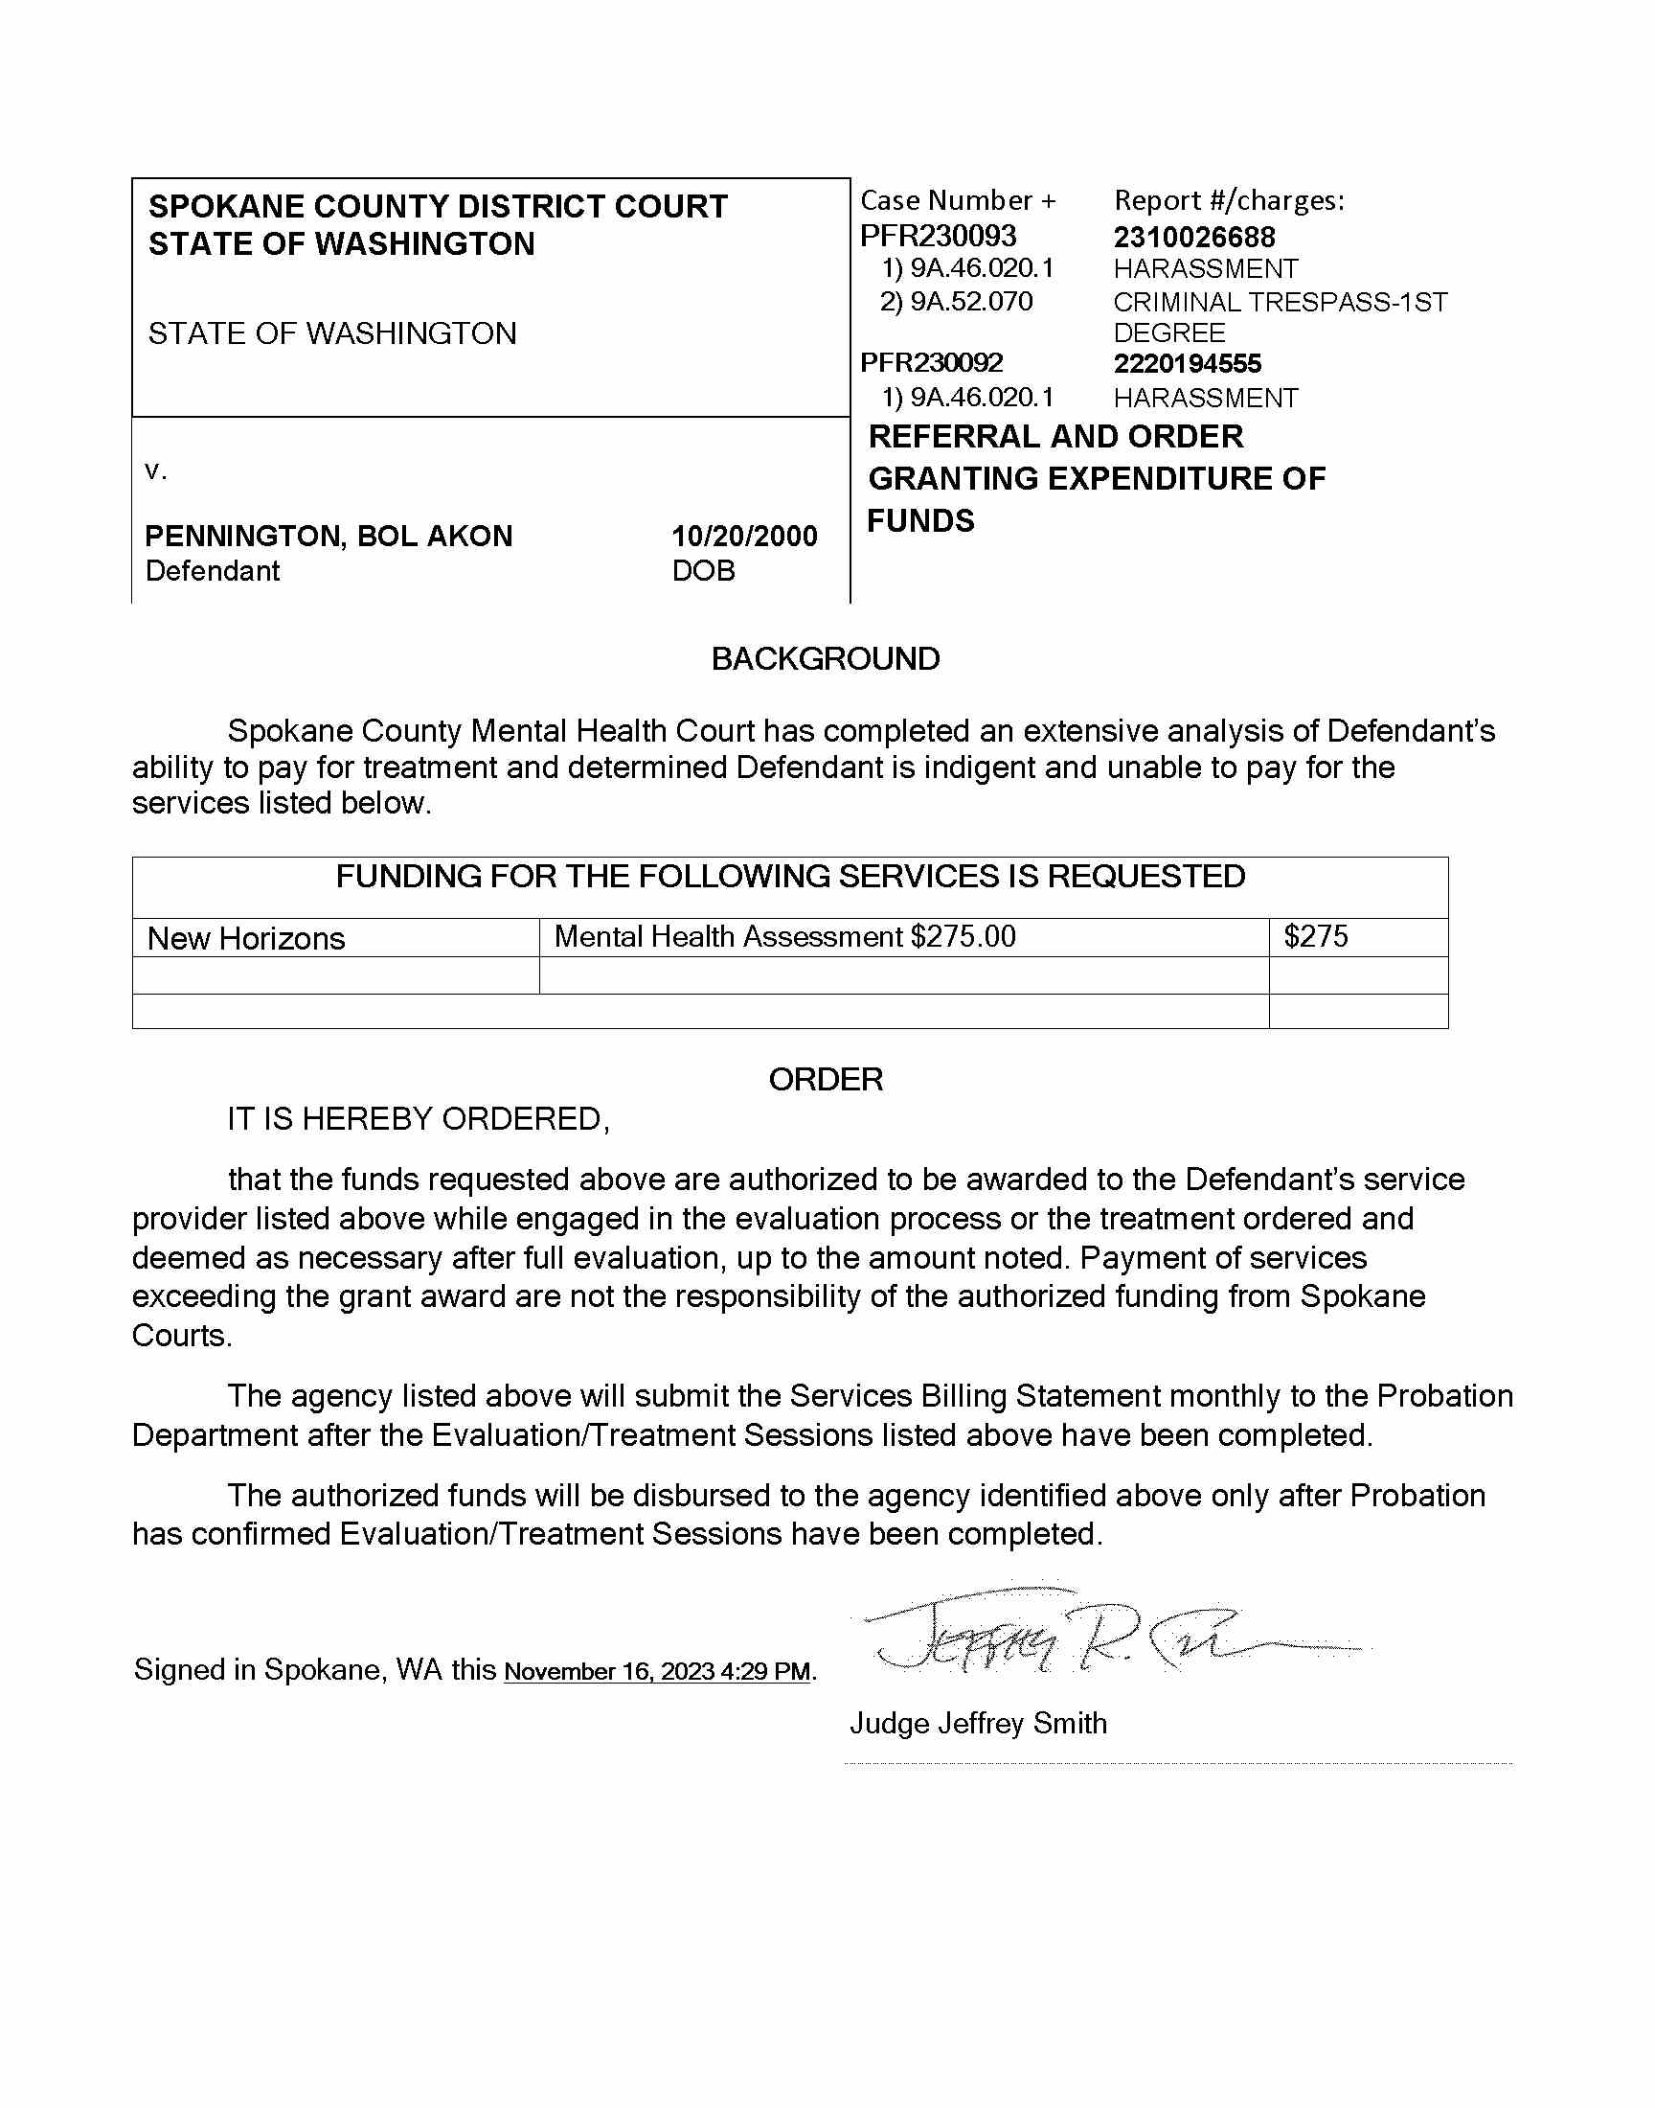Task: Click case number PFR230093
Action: (938, 236)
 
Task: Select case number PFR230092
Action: (931, 362)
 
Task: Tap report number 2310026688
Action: (1193, 237)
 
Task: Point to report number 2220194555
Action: (1187, 363)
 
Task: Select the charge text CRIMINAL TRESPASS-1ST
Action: (1280, 302)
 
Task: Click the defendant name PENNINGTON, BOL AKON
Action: (329, 536)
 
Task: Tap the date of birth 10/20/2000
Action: (744, 536)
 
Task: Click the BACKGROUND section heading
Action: (826, 659)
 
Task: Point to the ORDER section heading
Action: (826, 1080)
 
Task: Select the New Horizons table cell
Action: (246, 938)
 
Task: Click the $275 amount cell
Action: (1316, 936)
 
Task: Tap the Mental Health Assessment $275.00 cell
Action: (784, 936)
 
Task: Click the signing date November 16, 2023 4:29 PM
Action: (657, 1672)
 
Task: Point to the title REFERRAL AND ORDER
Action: (1055, 437)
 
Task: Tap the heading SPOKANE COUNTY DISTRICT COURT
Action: (438, 206)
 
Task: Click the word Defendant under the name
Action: (213, 571)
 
